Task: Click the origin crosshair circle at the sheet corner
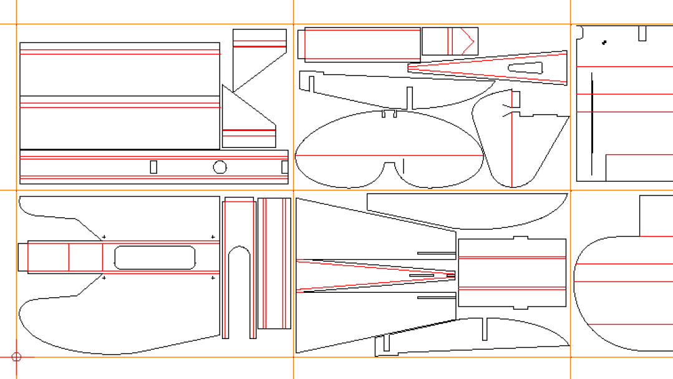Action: [17, 357]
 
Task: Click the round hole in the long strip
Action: [220, 167]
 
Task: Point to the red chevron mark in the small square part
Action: [468, 41]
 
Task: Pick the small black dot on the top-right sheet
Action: [604, 42]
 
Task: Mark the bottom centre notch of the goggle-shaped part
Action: [389, 165]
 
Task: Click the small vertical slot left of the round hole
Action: [153, 167]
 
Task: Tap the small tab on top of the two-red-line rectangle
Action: [520, 238]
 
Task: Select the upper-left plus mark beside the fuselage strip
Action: [104, 237]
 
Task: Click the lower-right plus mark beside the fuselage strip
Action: [213, 278]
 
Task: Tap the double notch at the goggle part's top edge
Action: [389, 114]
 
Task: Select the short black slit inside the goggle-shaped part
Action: [404, 166]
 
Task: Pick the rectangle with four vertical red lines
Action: [274, 263]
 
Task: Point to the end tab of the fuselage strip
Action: [22, 257]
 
